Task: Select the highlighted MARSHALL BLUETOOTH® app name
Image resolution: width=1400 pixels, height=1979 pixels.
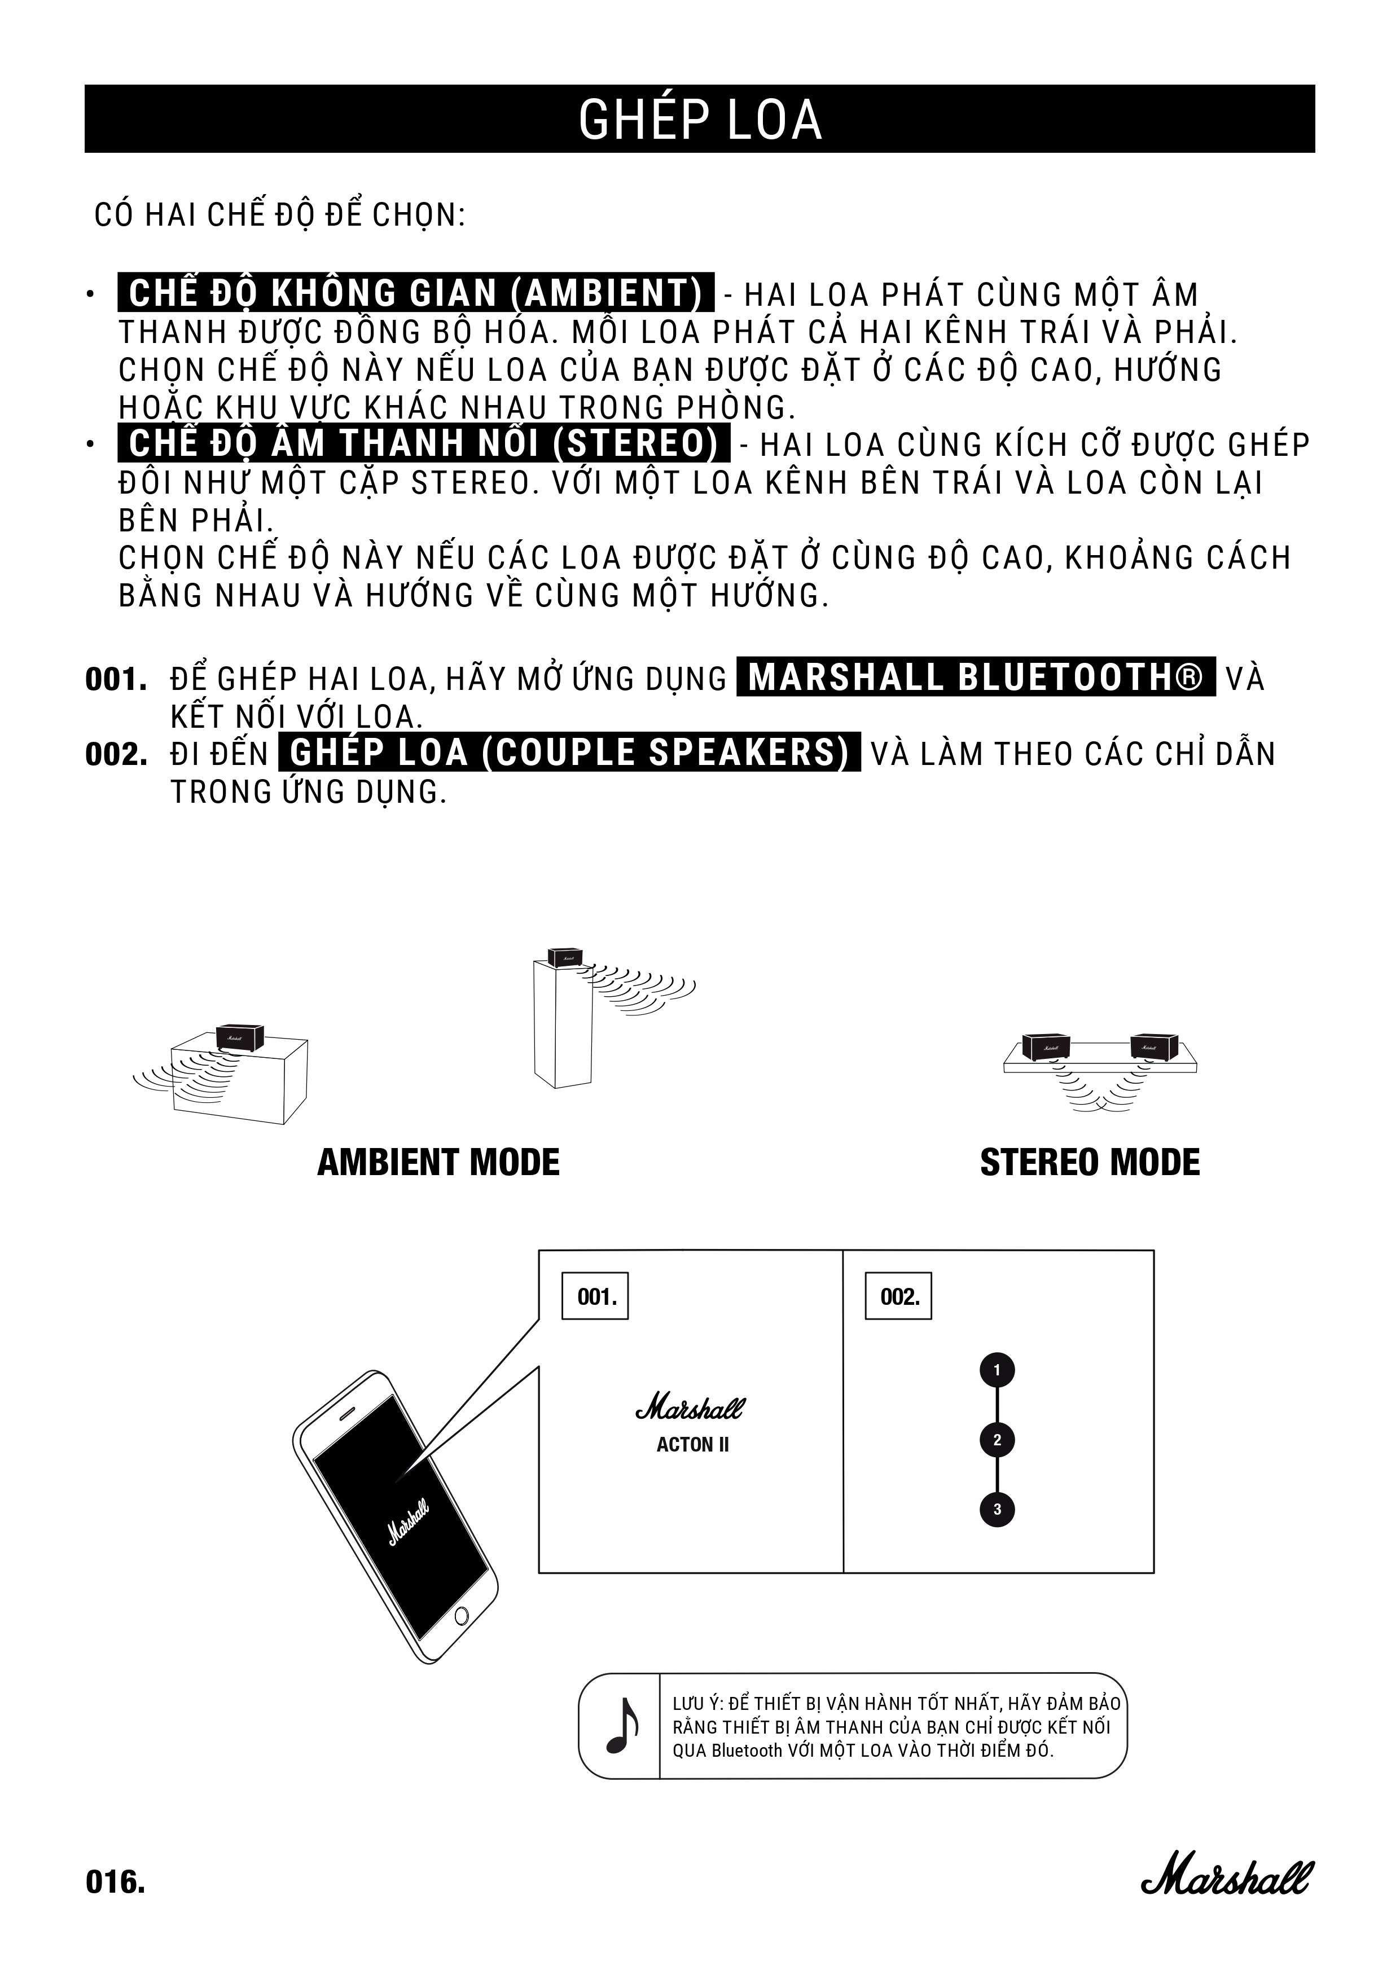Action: pyautogui.click(x=976, y=678)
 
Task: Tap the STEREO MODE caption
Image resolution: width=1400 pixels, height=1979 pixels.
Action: pyautogui.click(x=1090, y=1163)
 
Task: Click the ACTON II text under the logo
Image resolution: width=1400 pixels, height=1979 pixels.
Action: pyautogui.click(x=692, y=1445)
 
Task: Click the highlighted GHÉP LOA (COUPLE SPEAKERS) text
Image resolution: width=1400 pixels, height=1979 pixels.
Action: pyautogui.click(x=569, y=753)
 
